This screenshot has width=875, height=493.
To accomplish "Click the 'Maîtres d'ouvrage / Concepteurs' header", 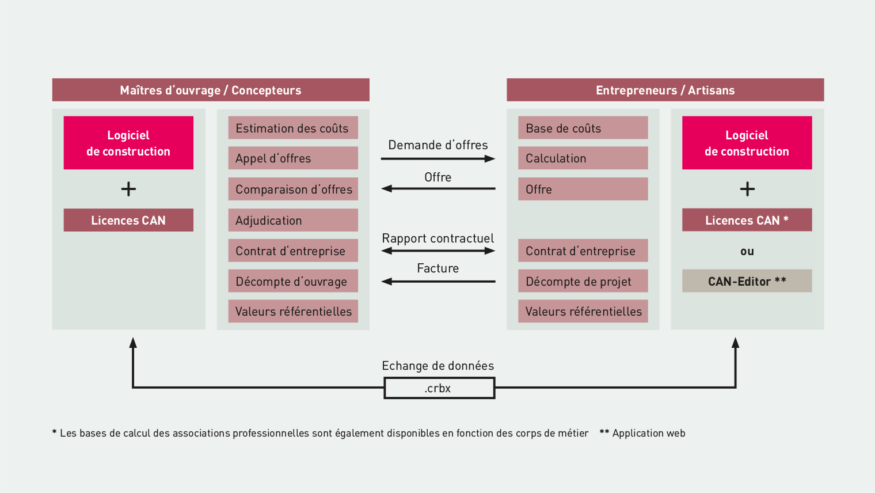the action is point(211,90).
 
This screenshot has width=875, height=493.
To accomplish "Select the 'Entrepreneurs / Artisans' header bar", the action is point(665,90).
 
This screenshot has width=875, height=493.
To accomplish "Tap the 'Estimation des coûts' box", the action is point(293,128).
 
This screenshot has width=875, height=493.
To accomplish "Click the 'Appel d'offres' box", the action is point(293,158).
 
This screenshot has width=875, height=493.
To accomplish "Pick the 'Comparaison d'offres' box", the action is point(293,189).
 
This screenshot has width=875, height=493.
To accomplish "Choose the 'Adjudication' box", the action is point(293,220).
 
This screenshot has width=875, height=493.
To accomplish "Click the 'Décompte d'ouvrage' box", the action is point(293,280).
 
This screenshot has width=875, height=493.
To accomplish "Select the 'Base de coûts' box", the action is point(583,128).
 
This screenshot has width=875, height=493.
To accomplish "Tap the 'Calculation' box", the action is point(583,158).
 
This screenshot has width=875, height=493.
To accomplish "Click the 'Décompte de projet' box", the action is point(583,280).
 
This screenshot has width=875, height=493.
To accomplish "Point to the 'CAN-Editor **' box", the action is point(747,280).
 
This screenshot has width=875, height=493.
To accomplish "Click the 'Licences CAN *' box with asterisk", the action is point(747,220).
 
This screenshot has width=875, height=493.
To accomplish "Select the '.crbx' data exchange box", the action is point(439,388).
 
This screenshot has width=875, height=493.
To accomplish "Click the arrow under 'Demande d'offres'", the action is point(438,159).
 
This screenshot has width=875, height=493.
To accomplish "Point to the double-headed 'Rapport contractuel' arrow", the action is point(438,251).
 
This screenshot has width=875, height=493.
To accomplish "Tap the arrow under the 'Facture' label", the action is point(438,282).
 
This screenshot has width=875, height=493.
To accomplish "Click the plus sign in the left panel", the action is point(128,189).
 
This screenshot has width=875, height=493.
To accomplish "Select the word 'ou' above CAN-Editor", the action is point(747,251).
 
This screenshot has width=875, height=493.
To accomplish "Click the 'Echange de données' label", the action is point(438,366).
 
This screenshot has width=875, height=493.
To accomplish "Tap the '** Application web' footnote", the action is point(642,433).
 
